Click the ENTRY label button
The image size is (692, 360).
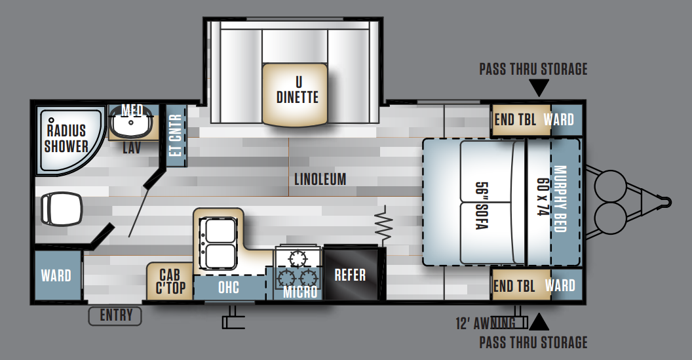115,316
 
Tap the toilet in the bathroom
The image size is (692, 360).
62,209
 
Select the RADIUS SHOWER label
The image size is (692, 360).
66,138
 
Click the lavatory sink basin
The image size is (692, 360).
130,123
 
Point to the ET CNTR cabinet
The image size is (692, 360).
176,135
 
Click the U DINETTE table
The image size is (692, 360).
295,94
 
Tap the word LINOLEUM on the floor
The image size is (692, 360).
320,179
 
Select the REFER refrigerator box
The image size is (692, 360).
351,274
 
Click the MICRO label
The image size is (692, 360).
300,292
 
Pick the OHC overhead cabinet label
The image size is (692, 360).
229,288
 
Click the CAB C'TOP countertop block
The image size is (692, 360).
170,281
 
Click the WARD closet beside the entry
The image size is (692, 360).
56,275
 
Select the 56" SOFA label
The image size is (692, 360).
482,205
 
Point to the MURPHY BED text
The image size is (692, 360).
560,199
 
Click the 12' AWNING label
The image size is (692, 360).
486,323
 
